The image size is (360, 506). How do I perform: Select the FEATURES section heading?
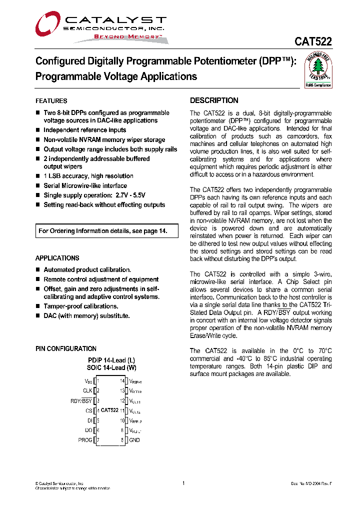pos(51,101)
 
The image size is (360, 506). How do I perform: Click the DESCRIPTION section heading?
pos(214,100)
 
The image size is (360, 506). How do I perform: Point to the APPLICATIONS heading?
pos(57,258)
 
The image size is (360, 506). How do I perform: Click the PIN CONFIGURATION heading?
pos(65,348)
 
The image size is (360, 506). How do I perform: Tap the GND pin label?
pos(134,440)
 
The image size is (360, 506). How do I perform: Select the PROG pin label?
pos(85,440)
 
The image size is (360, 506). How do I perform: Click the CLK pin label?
pos(87,390)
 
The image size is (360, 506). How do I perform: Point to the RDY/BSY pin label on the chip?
pos(81,400)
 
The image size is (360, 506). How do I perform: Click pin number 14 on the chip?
pos(122,381)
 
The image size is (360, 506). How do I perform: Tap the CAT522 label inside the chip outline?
pos(109,410)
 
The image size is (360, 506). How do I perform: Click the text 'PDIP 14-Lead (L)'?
pos(111,360)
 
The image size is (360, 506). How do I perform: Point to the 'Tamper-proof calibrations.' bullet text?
pos(80,306)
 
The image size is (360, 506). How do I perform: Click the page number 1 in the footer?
pos(183,483)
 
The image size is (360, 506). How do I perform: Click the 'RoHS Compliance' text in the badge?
pos(318,85)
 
